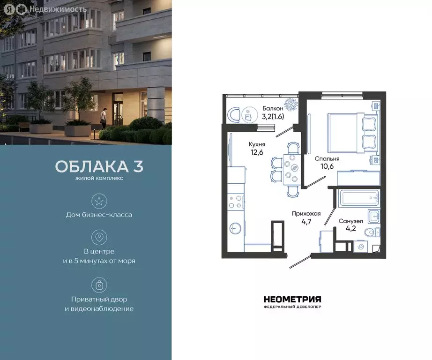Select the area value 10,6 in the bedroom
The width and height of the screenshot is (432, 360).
tap(327, 167)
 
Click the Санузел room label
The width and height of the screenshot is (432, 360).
tap(350, 221)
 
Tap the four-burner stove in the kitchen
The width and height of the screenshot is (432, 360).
tap(236, 201)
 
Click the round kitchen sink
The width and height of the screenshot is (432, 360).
tap(236, 228)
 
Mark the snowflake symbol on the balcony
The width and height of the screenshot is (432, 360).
tap(291, 104)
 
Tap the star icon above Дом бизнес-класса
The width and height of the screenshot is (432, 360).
tap(99, 202)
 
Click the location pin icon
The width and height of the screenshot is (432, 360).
tap(99, 237)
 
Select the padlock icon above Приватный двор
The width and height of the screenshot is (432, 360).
tap(99, 285)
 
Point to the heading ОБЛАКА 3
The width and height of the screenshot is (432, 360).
tap(99, 167)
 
